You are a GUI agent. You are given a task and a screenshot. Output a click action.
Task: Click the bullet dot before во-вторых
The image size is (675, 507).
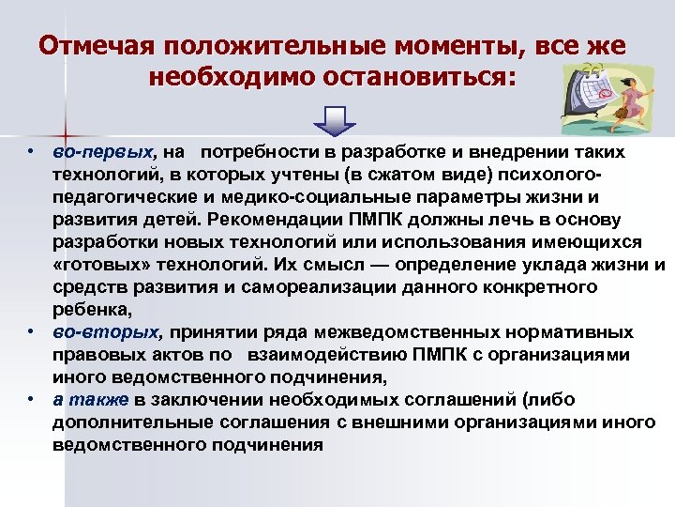click(x=31, y=332)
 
